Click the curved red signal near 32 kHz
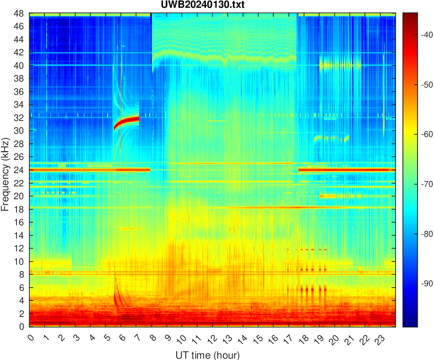[128, 120]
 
